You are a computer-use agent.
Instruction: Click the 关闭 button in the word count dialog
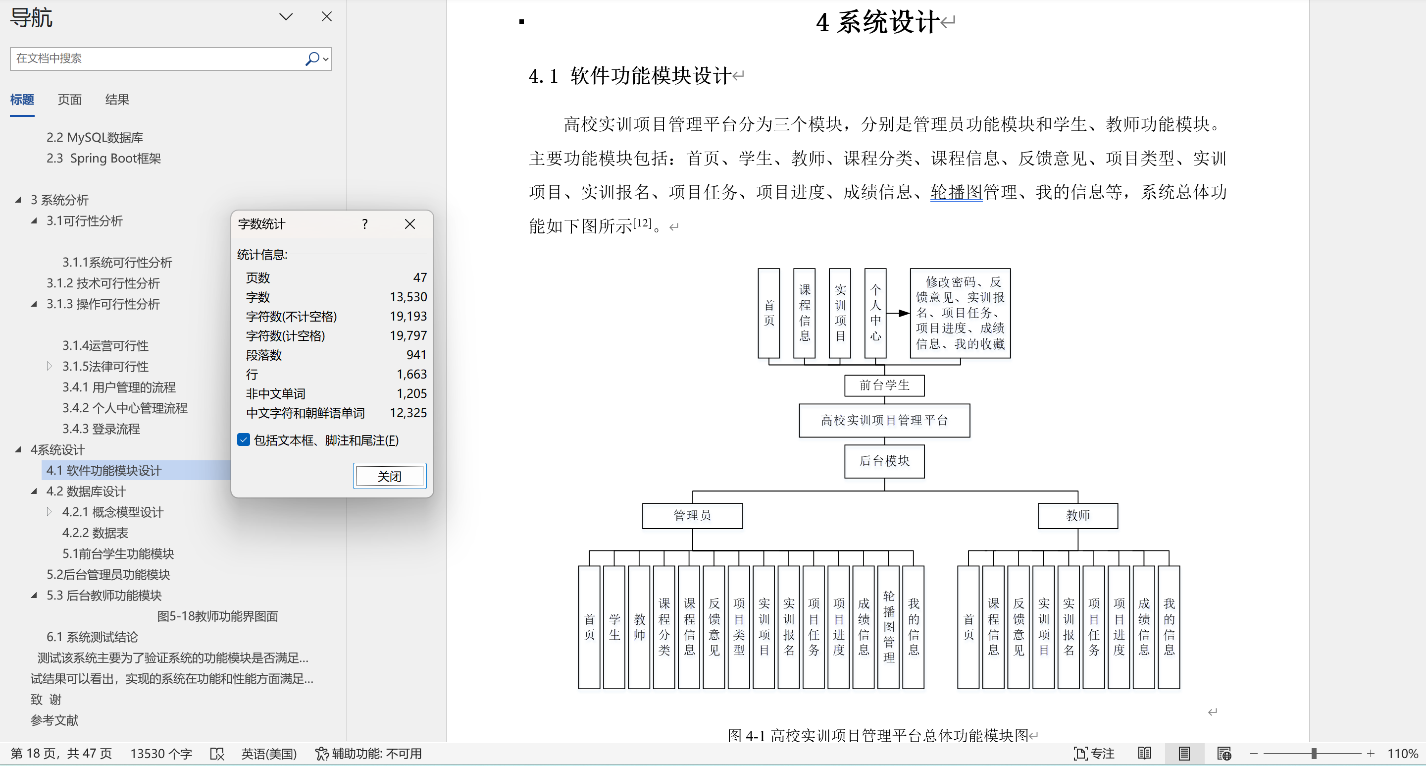click(x=389, y=476)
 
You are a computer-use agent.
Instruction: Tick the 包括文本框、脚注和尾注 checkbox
click(x=244, y=440)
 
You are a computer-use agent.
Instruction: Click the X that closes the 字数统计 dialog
click(x=409, y=224)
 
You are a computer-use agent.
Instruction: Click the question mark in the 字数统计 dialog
click(x=365, y=224)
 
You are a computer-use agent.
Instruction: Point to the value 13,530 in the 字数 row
click(x=408, y=297)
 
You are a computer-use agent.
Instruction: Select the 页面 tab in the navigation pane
click(x=70, y=100)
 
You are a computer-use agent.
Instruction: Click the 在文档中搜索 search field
click(x=158, y=58)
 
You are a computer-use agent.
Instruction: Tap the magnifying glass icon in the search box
click(x=312, y=58)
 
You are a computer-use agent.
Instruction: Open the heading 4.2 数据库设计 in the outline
click(x=86, y=492)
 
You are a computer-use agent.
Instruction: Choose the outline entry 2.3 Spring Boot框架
click(x=103, y=159)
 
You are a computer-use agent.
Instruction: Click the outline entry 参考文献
click(x=54, y=720)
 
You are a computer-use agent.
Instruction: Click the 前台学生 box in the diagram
click(x=884, y=385)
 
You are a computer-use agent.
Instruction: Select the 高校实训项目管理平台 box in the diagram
click(x=884, y=420)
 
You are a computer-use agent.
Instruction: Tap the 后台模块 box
click(x=884, y=461)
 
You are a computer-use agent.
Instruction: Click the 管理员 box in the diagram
click(x=692, y=516)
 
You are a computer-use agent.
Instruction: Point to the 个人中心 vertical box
click(x=875, y=313)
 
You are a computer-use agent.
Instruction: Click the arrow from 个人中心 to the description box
click(x=898, y=313)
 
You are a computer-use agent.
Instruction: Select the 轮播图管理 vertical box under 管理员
click(x=888, y=627)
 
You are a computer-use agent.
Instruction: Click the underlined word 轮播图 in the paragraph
click(x=956, y=192)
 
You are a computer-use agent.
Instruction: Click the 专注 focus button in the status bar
click(x=1094, y=753)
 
